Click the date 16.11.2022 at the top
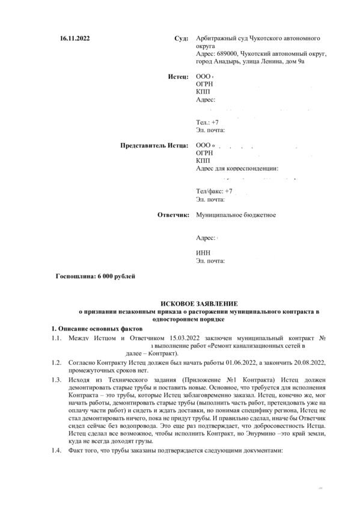(75, 37)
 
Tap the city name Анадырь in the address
(227, 61)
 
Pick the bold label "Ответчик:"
(173, 214)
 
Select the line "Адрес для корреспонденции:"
(237, 169)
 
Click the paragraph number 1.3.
(56, 380)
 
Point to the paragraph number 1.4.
(56, 451)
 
